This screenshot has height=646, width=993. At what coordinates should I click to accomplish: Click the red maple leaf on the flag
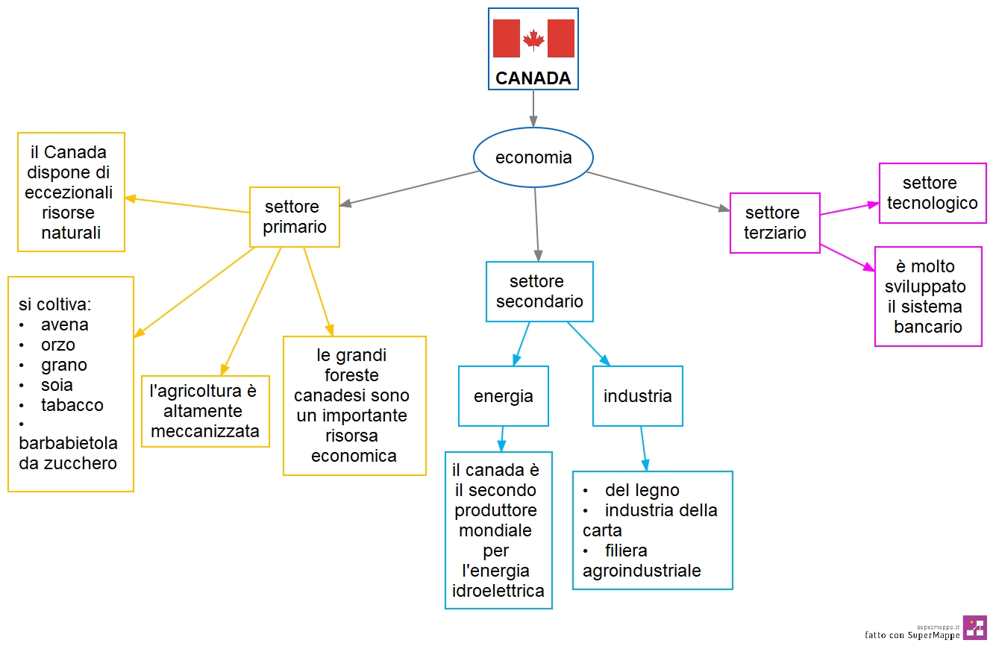[x=533, y=40]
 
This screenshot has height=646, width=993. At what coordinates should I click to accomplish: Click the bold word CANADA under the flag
[x=533, y=78]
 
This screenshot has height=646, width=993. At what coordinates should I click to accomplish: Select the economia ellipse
[x=533, y=157]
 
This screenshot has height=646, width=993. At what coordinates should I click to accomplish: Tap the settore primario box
[x=295, y=217]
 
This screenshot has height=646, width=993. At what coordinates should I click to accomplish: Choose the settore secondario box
[x=539, y=292]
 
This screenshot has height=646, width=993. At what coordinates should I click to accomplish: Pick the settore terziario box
[x=775, y=222]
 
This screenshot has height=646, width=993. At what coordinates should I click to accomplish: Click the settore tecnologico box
[x=933, y=193]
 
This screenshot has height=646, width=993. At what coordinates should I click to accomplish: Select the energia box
[x=503, y=396]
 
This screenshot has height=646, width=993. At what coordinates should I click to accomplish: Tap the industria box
[x=637, y=396]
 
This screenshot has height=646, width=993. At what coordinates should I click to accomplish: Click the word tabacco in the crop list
[x=72, y=405]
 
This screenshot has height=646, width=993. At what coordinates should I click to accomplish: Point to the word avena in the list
[x=65, y=324]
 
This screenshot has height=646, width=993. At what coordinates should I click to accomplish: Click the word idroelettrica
[x=498, y=591]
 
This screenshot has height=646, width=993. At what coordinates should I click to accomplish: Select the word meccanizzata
[x=205, y=431]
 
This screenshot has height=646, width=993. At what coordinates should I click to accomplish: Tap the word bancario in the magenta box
[x=928, y=327]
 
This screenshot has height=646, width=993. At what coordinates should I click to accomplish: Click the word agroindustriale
[x=642, y=571]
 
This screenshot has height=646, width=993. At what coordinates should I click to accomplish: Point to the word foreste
[x=351, y=375]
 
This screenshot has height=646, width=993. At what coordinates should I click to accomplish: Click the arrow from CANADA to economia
[x=533, y=109]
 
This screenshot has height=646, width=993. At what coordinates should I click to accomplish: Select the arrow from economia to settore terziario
[x=658, y=192]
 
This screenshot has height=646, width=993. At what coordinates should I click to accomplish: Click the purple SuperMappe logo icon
[x=975, y=627]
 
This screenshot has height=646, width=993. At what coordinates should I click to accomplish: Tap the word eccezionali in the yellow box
[x=69, y=192]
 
